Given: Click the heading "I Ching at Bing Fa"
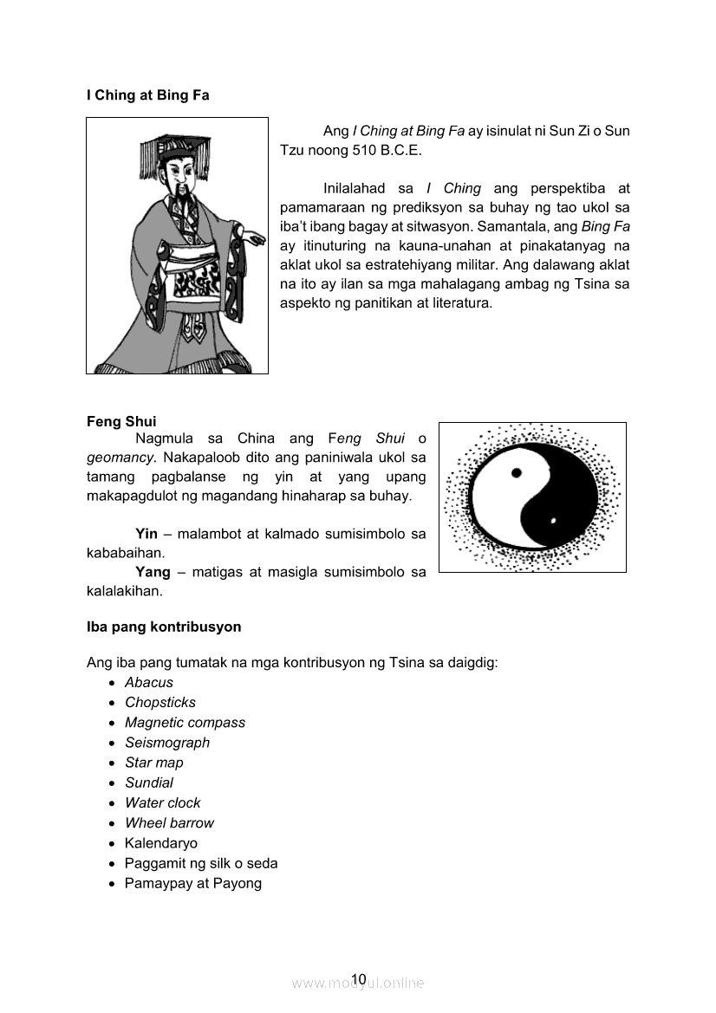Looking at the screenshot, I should tap(147, 95).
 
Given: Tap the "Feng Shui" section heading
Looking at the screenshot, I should tap(121, 422).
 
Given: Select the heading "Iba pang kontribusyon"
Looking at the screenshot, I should tap(164, 626).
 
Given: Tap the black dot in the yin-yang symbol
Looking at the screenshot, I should tap(517, 473).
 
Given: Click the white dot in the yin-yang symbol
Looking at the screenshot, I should tap(552, 521).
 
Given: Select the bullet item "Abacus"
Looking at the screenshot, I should tap(149, 682).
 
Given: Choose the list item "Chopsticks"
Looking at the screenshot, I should tap(160, 702).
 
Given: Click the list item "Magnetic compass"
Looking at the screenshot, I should tap(185, 722).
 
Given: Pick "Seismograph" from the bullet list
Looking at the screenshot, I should tap(167, 742).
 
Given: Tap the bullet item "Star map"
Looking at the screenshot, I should tap(154, 763).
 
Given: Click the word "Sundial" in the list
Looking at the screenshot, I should tap(149, 782).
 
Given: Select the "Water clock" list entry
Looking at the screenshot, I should tap(162, 802).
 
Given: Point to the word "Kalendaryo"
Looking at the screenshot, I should tap(161, 843).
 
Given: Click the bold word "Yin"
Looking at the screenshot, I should tap(146, 533).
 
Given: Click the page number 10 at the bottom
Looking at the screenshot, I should tap(359, 979).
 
